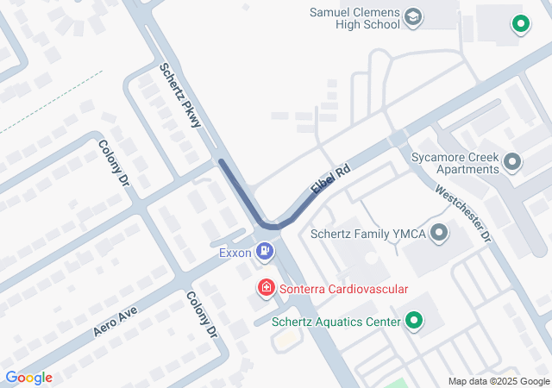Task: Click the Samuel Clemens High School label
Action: (354, 18)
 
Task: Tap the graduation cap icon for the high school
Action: (413, 17)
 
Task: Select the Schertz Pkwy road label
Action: (180, 95)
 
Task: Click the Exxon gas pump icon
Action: (266, 252)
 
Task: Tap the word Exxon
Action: (235, 253)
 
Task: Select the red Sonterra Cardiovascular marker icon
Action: (267, 288)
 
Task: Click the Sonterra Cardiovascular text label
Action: (342, 290)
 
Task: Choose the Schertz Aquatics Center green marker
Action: (414, 322)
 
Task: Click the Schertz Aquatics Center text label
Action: (336, 322)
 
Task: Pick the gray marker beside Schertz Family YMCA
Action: (440, 232)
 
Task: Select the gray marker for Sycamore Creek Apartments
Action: (514, 161)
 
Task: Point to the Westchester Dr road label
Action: (462, 212)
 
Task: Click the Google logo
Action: (28, 378)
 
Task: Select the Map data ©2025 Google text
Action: (499, 381)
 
